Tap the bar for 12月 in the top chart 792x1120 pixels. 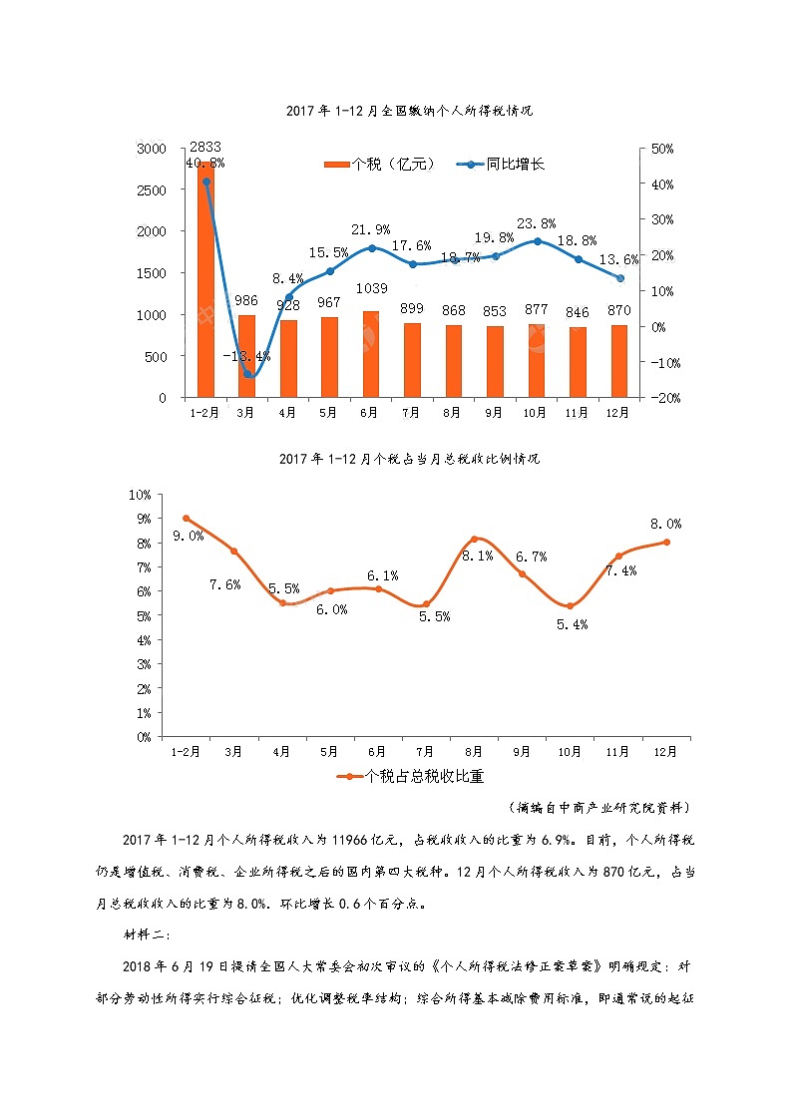point(618,361)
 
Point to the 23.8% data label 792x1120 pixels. point(536,223)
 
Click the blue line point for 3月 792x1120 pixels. point(248,374)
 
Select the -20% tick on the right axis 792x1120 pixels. point(662,398)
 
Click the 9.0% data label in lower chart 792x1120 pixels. point(188,536)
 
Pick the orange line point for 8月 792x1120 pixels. point(475,540)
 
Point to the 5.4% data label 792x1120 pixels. point(572,624)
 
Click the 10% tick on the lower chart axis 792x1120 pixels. point(140,495)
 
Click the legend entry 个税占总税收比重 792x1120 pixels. point(411,776)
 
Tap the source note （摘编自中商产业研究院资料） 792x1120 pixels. point(598,806)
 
